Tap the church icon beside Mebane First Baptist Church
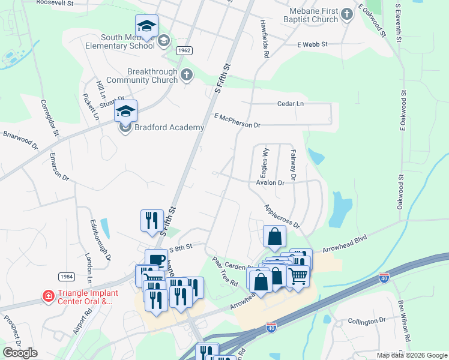[x=347, y=14]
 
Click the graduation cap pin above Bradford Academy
[x=126, y=112]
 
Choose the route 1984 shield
[x=67, y=277]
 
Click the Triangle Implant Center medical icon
[x=47, y=296]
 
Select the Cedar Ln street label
[x=291, y=104]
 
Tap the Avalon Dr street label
[x=270, y=182]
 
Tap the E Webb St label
[x=312, y=44]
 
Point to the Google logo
[x=20, y=352]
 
